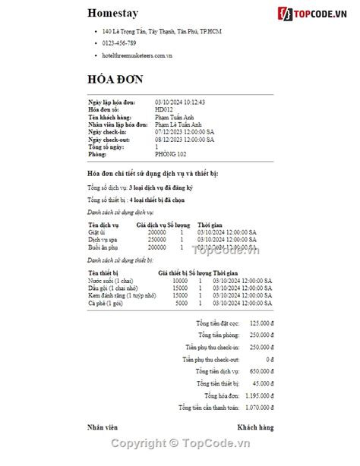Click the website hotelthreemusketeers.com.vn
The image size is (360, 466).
point(137,55)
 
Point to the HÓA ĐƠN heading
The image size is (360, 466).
point(115,80)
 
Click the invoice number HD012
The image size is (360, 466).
point(164,109)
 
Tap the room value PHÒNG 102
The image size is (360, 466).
point(170,154)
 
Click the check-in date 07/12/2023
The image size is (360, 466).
point(185,132)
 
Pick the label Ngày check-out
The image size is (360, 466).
point(109,140)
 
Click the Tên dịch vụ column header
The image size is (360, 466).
point(103,225)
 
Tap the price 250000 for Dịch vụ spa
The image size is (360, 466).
point(156,240)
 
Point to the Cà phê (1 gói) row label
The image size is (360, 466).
point(106,303)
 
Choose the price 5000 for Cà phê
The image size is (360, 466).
point(181,303)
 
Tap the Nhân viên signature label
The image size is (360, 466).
point(103,427)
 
